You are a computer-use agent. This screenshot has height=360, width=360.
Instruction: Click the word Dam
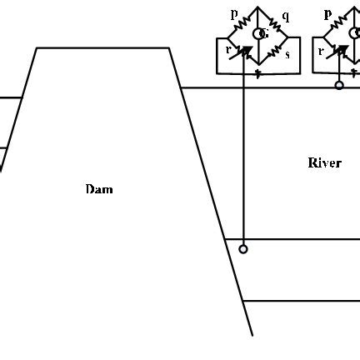[x=98, y=189]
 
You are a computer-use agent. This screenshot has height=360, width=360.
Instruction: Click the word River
[x=324, y=162]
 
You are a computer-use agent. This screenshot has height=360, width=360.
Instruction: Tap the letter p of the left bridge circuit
[x=233, y=14]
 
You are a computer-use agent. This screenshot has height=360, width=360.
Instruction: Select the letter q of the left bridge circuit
[x=286, y=16]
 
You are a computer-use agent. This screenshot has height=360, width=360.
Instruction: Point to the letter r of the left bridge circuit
[x=227, y=50]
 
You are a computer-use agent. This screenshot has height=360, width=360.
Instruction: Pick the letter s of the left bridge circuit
[x=287, y=54]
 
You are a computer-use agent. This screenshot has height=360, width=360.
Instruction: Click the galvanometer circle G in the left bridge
[x=261, y=34]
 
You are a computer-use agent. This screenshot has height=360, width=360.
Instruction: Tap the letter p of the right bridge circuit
[x=327, y=14]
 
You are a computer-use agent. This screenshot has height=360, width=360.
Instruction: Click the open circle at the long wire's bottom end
[x=242, y=248]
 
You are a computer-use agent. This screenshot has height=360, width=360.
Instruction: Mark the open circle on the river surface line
[x=339, y=85]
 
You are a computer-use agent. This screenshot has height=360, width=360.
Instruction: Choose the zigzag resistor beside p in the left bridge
[x=244, y=22]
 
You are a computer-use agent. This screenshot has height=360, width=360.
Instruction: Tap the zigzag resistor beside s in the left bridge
[x=274, y=50]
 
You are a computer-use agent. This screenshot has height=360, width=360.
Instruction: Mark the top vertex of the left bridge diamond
[x=258, y=7]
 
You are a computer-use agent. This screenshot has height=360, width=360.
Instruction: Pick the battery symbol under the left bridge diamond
[x=258, y=72]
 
